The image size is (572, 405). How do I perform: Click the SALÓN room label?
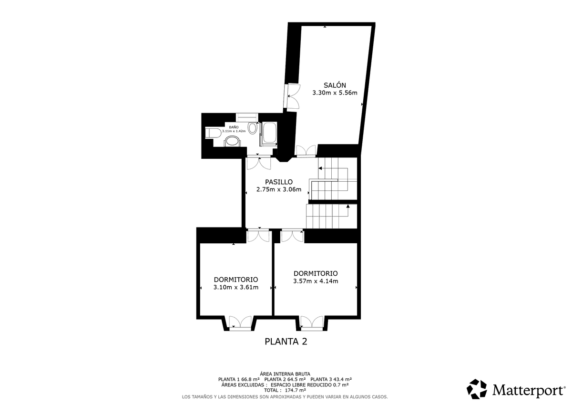(x=335, y=85)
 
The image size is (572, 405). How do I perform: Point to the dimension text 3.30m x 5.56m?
(x=335, y=93)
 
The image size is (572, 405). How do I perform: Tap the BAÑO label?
(x=234, y=127)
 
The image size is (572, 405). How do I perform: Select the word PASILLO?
(x=278, y=182)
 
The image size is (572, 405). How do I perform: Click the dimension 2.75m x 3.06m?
(x=278, y=189)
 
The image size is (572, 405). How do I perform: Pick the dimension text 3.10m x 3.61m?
(x=235, y=287)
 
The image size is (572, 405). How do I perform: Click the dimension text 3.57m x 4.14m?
(x=316, y=281)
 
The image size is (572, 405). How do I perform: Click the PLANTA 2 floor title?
(x=286, y=342)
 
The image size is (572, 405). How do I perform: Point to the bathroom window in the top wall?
(x=247, y=117)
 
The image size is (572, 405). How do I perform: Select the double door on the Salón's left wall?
(x=292, y=96)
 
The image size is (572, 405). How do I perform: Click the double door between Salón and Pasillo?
(x=306, y=150)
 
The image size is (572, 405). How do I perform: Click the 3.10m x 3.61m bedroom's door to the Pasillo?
(x=258, y=236)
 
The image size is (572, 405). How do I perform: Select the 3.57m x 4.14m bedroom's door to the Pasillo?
(x=292, y=236)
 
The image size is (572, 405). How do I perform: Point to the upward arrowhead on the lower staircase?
(x=348, y=206)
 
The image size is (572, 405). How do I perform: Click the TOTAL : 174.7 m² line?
(x=285, y=390)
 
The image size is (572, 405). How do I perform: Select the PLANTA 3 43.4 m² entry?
(x=331, y=379)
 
